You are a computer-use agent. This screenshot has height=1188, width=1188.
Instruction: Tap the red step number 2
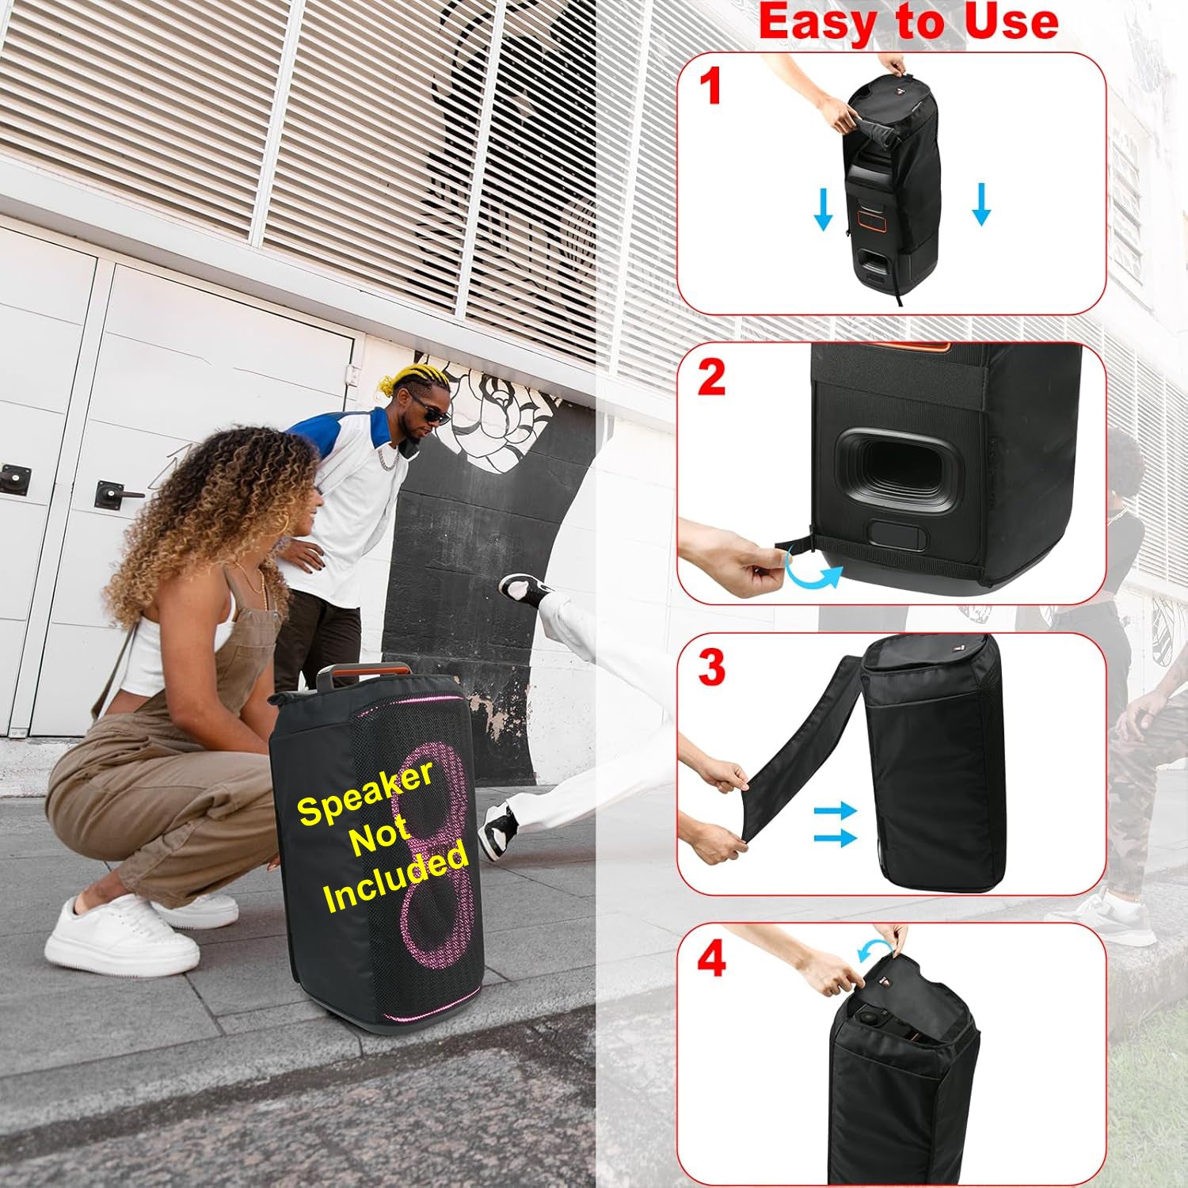click(x=711, y=378)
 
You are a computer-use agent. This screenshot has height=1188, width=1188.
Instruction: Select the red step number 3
click(x=711, y=668)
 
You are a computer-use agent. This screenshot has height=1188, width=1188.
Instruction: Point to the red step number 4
click(x=711, y=959)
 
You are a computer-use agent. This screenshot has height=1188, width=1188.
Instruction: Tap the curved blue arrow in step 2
click(x=813, y=571)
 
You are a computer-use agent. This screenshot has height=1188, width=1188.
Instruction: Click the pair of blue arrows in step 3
click(x=835, y=824)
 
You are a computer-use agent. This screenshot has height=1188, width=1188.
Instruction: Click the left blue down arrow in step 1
click(x=824, y=207)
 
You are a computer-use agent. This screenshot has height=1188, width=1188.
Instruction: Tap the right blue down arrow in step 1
click(x=981, y=204)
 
